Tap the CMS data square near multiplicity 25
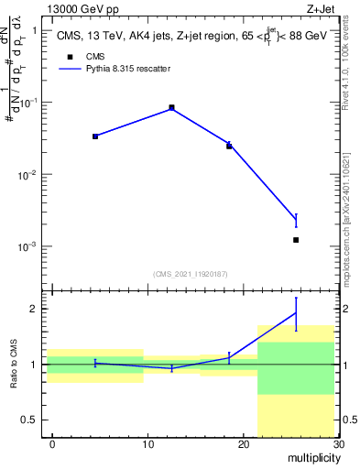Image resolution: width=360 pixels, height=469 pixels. tap(296, 240)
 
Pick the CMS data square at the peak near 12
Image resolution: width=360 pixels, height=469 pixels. tap(172, 107)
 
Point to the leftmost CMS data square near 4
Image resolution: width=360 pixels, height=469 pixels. tap(95, 136)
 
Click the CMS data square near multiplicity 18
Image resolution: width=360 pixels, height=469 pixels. tap(229, 146)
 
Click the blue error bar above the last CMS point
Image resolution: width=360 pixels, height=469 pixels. tap(296, 220)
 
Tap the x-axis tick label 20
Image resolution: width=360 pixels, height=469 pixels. tap(243, 444)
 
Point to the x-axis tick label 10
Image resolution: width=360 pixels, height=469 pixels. tap(147, 444)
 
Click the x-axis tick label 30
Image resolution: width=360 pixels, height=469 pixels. tap(337, 444)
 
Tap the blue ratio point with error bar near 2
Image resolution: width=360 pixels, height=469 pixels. tap(296, 313)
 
